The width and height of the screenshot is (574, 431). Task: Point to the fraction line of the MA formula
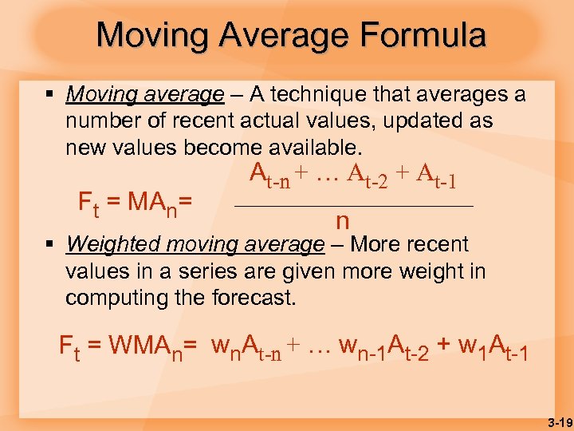click(x=353, y=207)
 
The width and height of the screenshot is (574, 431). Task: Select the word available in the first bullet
click(x=313, y=148)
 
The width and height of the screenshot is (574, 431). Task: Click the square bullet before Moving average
click(x=49, y=94)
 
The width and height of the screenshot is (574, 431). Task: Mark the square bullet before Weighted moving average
click(x=49, y=243)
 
